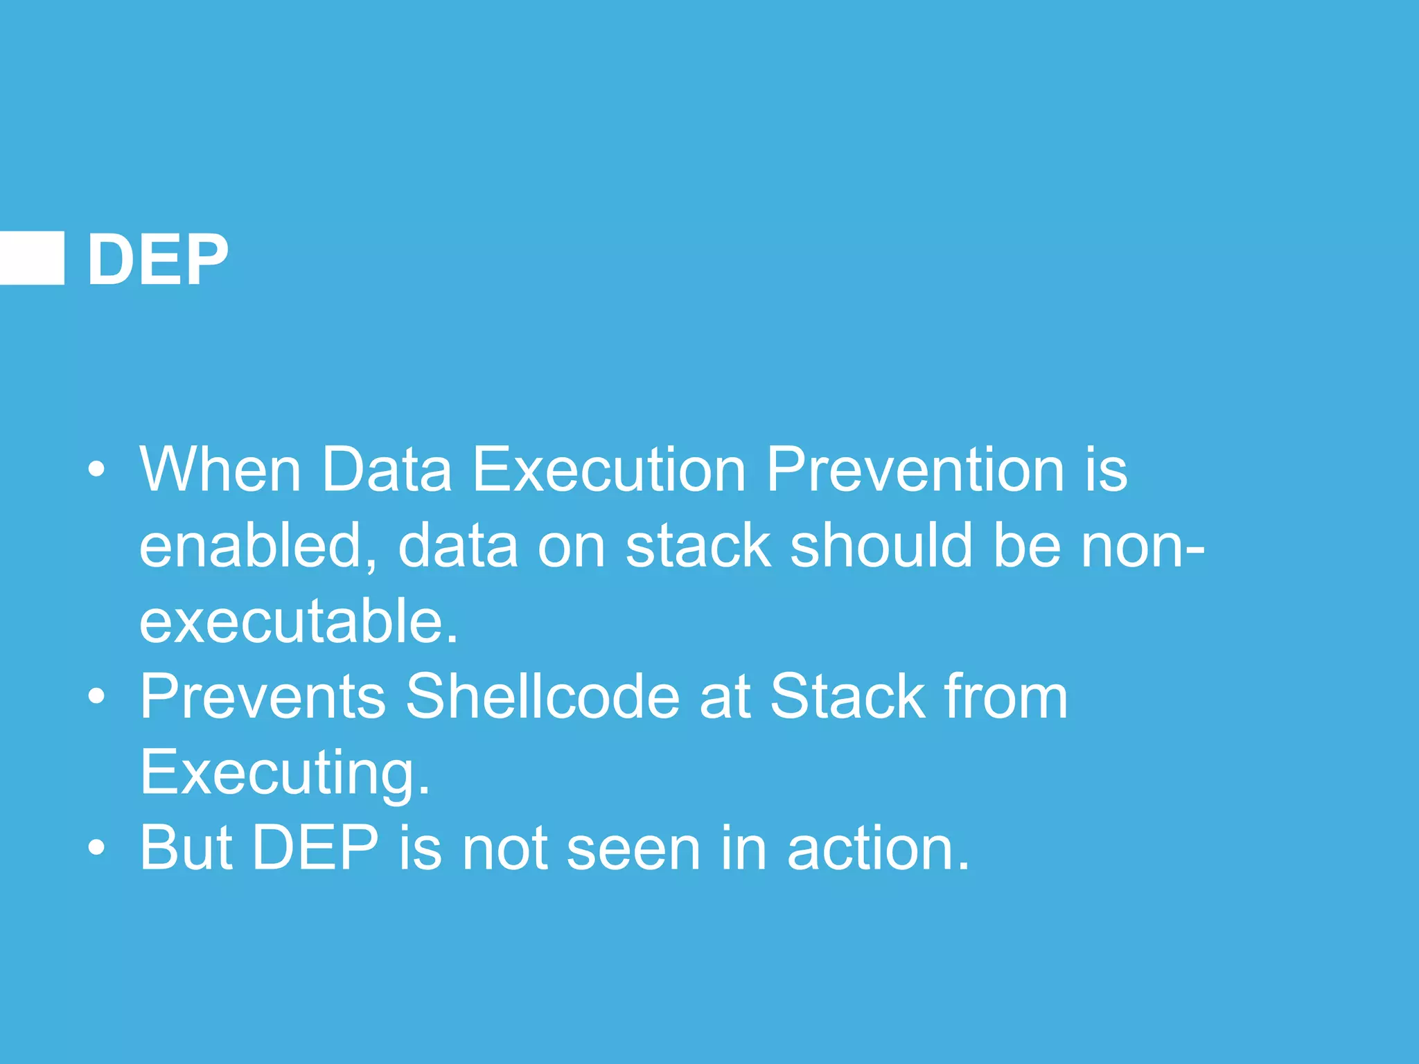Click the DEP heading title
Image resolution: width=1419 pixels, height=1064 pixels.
pyautogui.click(x=157, y=259)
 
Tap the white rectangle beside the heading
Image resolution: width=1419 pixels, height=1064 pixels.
pyautogui.click(x=32, y=258)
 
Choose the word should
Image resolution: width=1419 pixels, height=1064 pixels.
pyautogui.click(x=881, y=546)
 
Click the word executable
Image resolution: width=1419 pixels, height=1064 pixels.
pyautogui.click(x=298, y=621)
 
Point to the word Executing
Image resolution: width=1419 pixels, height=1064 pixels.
pyautogui.click(x=285, y=772)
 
